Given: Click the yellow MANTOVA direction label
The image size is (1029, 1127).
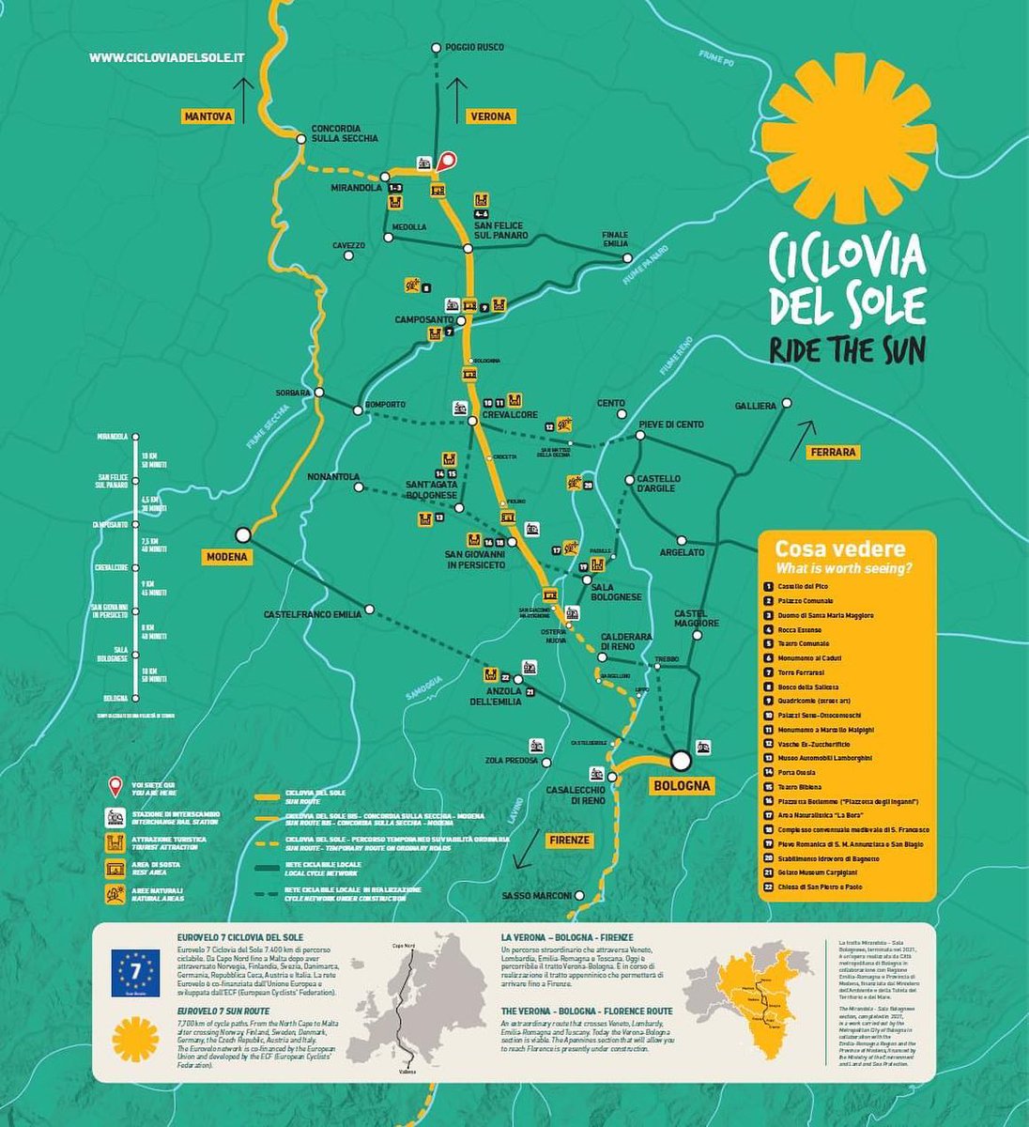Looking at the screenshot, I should [207, 116].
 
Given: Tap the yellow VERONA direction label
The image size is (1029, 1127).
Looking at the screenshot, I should [490, 116].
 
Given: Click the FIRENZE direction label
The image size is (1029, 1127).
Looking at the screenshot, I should [569, 839].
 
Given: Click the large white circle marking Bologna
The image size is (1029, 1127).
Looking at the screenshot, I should [681, 760].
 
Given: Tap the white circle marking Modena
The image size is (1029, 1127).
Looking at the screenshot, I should [242, 534].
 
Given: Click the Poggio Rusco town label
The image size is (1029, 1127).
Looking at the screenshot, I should [474, 47].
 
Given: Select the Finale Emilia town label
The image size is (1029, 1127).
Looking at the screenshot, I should [616, 239].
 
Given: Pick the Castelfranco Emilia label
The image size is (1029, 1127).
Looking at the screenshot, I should [313, 614].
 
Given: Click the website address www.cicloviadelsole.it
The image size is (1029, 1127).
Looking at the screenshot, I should [167, 57].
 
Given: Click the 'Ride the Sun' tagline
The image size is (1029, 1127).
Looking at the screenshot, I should [847, 349].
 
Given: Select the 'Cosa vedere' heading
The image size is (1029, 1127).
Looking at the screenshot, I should [826, 549].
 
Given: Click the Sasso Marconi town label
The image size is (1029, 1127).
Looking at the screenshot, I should [536, 895].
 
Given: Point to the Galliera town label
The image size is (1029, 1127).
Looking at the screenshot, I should [756, 406].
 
